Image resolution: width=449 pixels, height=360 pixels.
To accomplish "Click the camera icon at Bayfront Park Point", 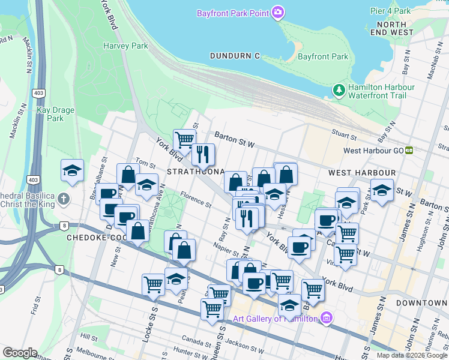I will [x=278, y=13].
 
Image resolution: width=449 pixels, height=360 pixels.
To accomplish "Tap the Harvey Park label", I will [x=125, y=46].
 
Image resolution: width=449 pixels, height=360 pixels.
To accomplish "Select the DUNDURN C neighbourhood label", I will [x=235, y=56].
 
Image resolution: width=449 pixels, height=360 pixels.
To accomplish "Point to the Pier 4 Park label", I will [x=390, y=11].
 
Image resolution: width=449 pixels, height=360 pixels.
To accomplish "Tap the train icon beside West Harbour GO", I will [x=409, y=151].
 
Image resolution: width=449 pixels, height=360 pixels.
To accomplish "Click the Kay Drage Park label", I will [x=50, y=114].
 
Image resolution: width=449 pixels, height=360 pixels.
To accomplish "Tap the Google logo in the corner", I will [x=20, y=353].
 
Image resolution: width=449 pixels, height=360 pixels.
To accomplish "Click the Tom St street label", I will [x=145, y=163].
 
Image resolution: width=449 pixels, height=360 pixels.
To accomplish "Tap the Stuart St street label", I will [x=344, y=133].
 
